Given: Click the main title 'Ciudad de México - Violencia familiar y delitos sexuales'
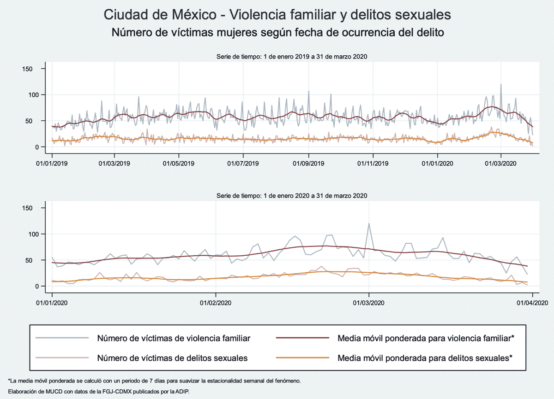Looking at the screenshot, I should click(x=277, y=15).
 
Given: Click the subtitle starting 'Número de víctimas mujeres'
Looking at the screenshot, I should click(x=277, y=33).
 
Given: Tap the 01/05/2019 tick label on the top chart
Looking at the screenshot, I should click(x=179, y=164).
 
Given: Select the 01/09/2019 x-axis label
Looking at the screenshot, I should click(x=308, y=164).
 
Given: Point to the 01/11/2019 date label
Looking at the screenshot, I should click(x=373, y=164).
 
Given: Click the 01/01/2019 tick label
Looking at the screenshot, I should click(x=51, y=164).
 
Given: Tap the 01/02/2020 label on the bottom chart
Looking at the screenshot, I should click(x=215, y=303).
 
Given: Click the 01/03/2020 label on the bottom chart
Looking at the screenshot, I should click(x=368, y=303).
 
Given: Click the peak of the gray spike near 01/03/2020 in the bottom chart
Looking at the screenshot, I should click(x=368, y=224).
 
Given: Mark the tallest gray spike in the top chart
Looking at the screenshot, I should click(x=501, y=85).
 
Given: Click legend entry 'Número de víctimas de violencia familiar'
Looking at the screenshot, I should click(x=174, y=338).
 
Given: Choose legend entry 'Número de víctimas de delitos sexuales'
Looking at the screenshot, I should click(x=172, y=358).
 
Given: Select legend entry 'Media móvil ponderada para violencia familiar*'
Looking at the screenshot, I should click(x=425, y=338).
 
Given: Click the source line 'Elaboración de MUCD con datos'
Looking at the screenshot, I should click(x=99, y=391).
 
